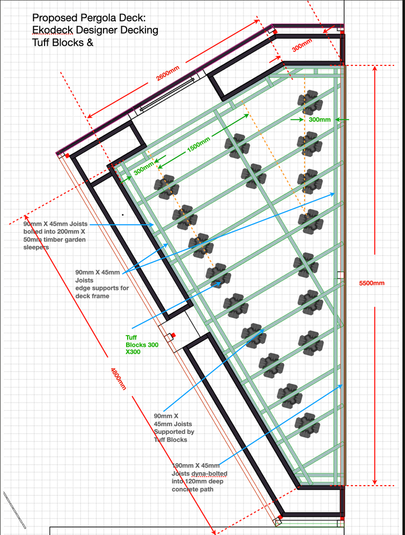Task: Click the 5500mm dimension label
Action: tap(372, 283)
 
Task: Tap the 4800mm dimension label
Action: tap(119, 378)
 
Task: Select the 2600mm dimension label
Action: tap(168, 73)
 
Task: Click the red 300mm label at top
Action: tap(302, 46)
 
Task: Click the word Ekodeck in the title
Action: tap(53, 30)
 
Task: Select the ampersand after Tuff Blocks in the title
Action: tap(90, 43)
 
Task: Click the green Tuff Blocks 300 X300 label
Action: tap(142, 345)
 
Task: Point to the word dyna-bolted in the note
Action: tap(209, 473)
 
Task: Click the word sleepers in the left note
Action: tap(36, 247)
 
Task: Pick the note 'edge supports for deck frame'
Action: tap(102, 292)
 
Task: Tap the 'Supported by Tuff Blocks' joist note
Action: tap(174, 436)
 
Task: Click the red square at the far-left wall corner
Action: tap(67, 155)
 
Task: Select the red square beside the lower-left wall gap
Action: tap(173, 336)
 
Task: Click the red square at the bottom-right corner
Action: tap(342, 518)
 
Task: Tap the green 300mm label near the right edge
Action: tap(320, 120)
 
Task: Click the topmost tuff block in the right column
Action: tap(310, 102)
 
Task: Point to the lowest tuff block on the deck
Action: tap(307, 425)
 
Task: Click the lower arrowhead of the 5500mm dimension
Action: tap(374, 484)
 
